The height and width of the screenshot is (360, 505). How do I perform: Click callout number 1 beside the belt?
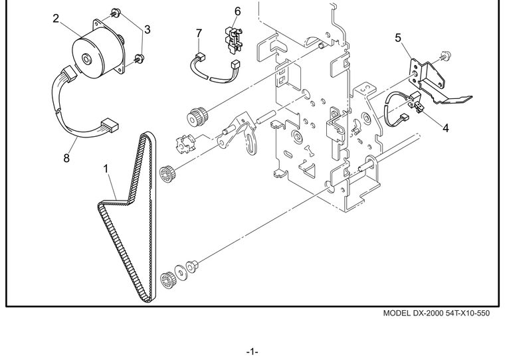coord(106,169)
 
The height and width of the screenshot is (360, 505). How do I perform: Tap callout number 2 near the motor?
coord(56,19)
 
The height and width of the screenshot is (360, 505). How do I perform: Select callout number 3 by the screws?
coord(148,30)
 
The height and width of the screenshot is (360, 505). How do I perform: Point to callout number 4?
coord(445,128)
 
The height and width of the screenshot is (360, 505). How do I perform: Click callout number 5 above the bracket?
coord(398,38)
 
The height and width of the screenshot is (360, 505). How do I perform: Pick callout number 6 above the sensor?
coord(237,11)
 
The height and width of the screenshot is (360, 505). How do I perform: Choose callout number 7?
coord(199,33)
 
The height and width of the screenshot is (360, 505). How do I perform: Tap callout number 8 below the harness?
coord(66,159)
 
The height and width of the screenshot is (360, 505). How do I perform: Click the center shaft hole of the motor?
coord(86,59)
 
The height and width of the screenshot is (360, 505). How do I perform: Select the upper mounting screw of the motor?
coord(116,13)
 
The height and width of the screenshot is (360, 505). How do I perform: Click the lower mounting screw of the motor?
coord(139,58)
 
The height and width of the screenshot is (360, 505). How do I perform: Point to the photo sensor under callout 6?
coord(233,39)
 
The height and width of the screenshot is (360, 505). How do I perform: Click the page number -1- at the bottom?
coord(252,351)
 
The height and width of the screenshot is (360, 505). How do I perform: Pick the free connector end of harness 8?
coord(110,125)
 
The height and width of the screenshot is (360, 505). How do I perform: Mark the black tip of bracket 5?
coord(464,99)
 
